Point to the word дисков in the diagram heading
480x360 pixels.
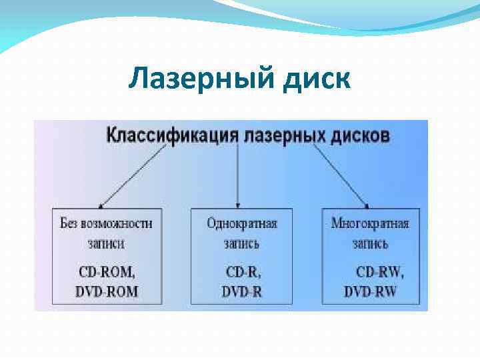click(x=361, y=135)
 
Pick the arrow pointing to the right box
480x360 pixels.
click(x=341, y=176)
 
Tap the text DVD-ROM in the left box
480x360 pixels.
click(x=106, y=291)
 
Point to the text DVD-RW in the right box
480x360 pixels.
click(x=371, y=291)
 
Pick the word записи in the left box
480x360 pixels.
click(x=105, y=243)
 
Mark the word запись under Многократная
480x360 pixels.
click(x=370, y=243)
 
